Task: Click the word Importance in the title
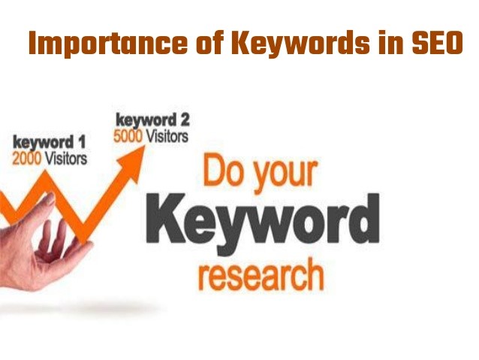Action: pos(108,44)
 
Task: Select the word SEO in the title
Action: pos(438,43)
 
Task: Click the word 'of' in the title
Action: pos(209,43)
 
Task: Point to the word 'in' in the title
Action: pos(390,43)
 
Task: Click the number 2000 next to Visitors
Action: pos(27,159)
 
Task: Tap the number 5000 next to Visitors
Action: pos(128,137)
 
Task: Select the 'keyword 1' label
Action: pos(49,143)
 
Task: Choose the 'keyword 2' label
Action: pos(152,120)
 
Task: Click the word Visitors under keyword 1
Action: pos(66,159)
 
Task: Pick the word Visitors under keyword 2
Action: pos(167,137)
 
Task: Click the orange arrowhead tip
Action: pos(144,147)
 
